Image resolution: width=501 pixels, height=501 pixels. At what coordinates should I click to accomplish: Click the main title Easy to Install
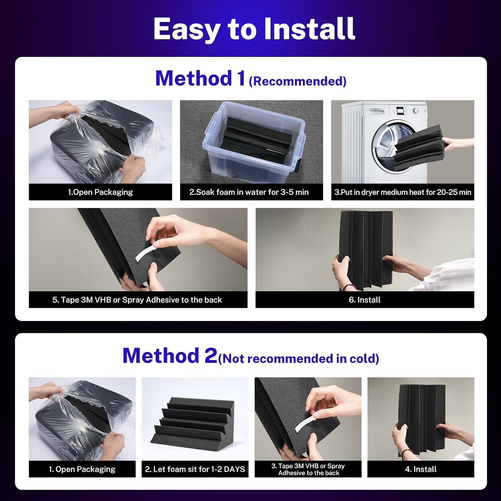tap(254, 29)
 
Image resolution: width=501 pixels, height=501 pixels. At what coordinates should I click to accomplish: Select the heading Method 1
tap(200, 78)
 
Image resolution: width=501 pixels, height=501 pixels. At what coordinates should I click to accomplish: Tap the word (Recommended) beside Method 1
tap(298, 81)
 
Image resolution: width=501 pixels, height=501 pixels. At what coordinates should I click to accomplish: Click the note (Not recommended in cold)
tap(299, 358)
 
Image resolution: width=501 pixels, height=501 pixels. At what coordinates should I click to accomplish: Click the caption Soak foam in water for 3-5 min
tap(249, 192)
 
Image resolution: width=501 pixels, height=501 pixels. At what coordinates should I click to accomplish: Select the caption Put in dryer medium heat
tap(403, 192)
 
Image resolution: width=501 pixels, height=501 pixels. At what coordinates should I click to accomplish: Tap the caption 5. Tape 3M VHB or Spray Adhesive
tap(137, 300)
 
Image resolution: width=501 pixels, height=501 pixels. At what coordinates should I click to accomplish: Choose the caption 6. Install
tap(365, 300)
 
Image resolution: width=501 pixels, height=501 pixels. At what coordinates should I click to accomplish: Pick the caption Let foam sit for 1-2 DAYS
tap(195, 469)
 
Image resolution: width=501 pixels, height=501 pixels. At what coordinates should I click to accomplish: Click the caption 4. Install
tap(421, 469)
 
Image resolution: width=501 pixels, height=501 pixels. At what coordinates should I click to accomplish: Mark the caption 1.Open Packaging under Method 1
tap(101, 192)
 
